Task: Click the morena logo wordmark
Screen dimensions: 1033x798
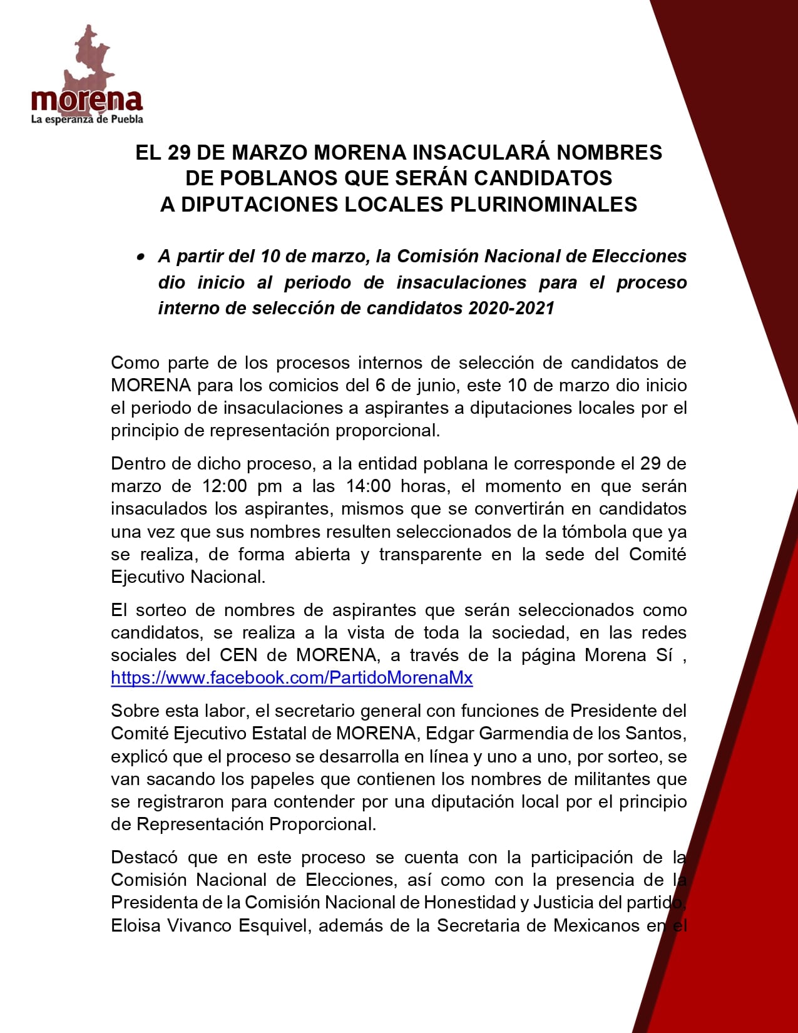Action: coord(87,100)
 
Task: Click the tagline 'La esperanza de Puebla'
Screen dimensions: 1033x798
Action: coord(87,119)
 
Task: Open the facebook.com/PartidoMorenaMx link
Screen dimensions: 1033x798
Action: coord(292,677)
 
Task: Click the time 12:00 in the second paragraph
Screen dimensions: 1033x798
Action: coord(224,486)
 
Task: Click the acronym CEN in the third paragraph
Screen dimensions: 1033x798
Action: coord(238,655)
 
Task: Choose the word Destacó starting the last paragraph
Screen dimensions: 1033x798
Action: coord(144,857)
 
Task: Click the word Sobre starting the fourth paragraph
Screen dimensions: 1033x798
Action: coord(133,711)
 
